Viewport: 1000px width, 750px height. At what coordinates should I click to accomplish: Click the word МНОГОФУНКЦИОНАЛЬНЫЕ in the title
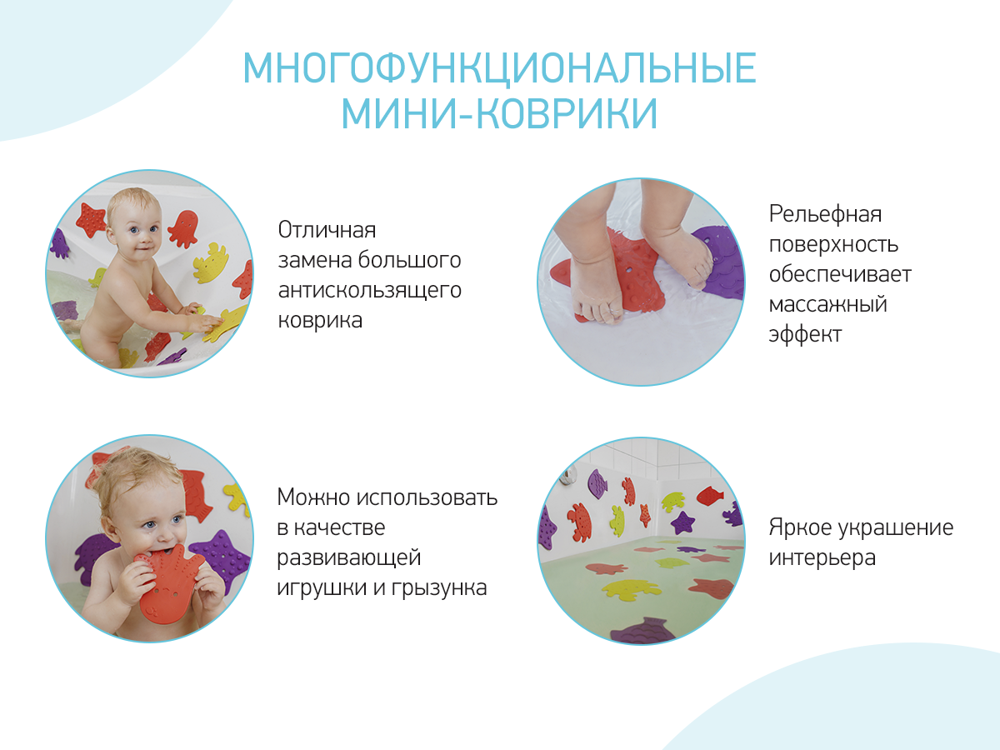(x=499, y=68)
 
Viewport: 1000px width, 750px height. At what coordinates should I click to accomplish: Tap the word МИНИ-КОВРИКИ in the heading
(x=499, y=113)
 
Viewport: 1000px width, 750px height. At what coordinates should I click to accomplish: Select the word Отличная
(x=327, y=230)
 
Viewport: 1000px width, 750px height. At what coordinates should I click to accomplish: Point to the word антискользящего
(x=369, y=290)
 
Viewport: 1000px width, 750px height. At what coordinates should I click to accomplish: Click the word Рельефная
(x=825, y=214)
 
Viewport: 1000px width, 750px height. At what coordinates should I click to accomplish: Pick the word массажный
(x=827, y=304)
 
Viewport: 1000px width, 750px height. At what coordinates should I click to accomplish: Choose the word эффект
(x=805, y=334)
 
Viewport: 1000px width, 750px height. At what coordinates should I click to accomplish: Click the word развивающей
(x=348, y=557)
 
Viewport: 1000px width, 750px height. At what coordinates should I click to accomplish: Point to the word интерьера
(x=822, y=557)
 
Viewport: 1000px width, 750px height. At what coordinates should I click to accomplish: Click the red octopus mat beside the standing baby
(x=182, y=228)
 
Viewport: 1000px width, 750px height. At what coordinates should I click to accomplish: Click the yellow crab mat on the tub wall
(x=212, y=262)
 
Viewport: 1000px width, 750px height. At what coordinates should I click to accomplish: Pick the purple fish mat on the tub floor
(x=642, y=631)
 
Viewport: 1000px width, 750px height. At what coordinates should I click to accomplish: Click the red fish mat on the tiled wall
(x=711, y=495)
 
